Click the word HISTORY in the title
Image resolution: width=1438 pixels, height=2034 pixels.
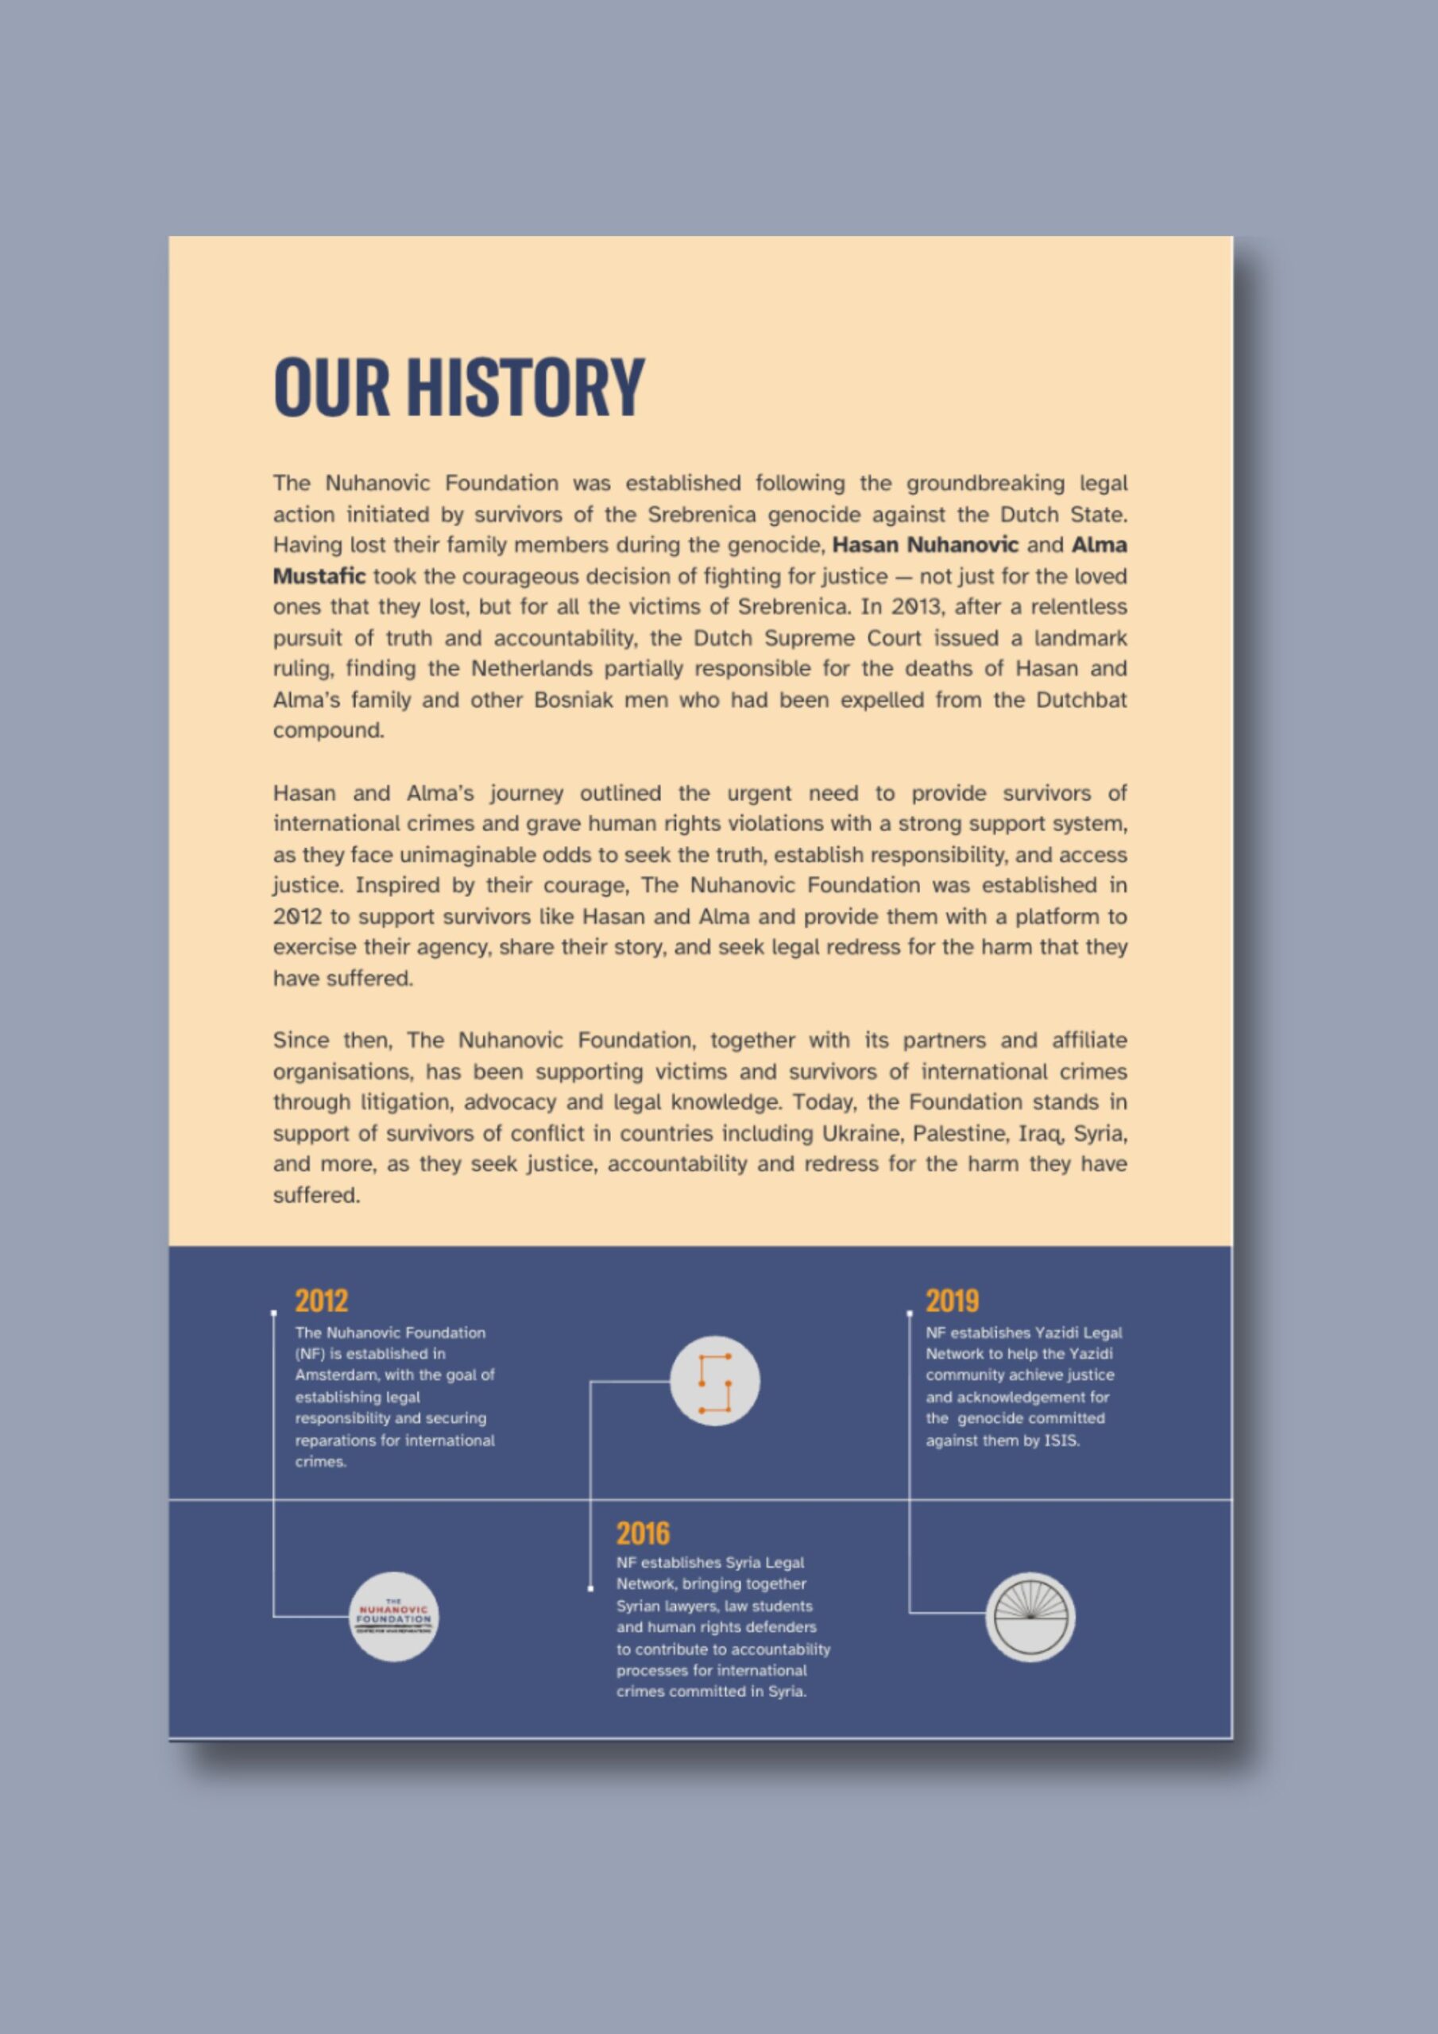(525, 387)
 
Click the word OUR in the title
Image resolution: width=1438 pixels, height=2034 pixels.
(331, 387)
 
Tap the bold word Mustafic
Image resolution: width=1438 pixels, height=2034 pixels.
(319, 576)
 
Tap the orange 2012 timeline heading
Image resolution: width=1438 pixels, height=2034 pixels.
(322, 1301)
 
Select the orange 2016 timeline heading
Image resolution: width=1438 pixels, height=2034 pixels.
(644, 1533)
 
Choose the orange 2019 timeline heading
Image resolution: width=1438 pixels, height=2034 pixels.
(953, 1301)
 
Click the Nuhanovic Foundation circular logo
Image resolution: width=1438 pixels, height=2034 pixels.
(393, 1616)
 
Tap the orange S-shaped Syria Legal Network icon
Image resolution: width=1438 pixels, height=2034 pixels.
(714, 1381)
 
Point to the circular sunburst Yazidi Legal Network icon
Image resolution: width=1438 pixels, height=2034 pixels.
(1030, 1616)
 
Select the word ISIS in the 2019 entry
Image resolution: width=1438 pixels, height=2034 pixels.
(1061, 1440)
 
